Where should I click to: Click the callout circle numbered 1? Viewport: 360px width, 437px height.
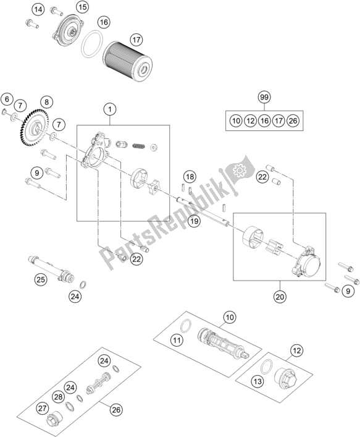pyautogui.click(x=110, y=111)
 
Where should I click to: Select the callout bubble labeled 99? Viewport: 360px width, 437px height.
pyautogui.click(x=264, y=98)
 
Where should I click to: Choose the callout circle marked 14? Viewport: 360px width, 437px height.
pyautogui.click(x=38, y=9)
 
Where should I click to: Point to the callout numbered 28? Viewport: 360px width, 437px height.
pyautogui.click(x=57, y=396)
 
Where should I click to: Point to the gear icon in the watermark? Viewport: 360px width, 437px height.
pyautogui.click(x=237, y=170)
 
